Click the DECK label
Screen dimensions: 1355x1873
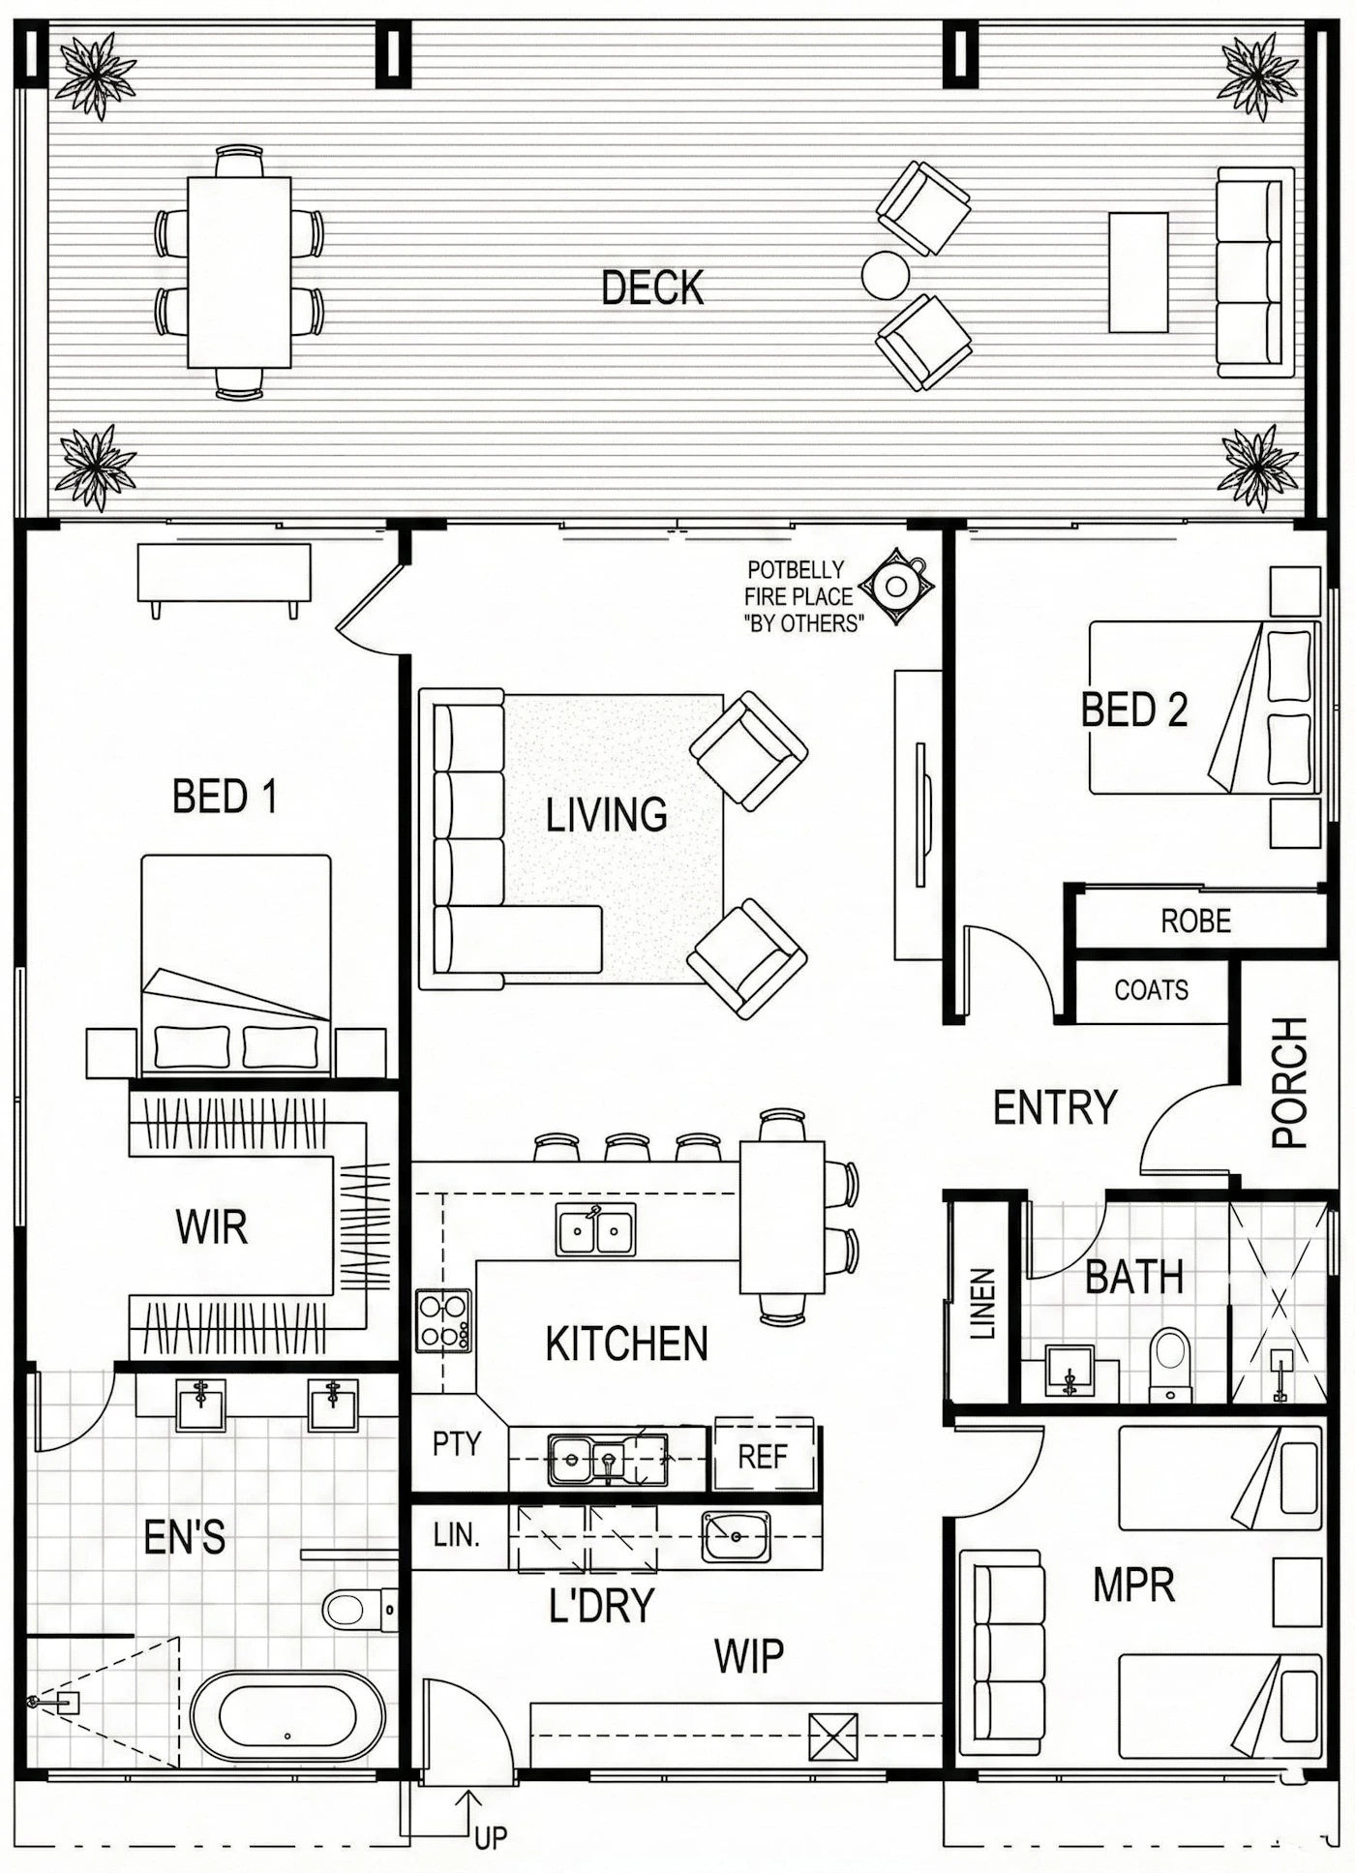tap(652, 288)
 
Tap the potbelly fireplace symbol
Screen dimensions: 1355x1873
tap(897, 585)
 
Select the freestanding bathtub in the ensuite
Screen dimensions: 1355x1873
tap(287, 1716)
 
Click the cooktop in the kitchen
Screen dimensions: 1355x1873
tap(444, 1320)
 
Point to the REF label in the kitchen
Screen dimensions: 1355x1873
tap(763, 1457)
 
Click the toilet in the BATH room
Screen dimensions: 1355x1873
tap(1171, 1365)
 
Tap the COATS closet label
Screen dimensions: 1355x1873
tap(1151, 990)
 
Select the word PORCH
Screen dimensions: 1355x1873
tap(1289, 1082)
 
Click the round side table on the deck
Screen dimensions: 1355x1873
tap(886, 276)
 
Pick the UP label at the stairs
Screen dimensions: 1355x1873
tap(491, 1837)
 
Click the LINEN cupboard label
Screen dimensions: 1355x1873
tap(982, 1303)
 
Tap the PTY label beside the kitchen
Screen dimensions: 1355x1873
tap(457, 1443)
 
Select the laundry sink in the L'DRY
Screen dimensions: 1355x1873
tap(737, 1536)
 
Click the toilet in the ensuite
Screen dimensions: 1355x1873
tap(358, 1610)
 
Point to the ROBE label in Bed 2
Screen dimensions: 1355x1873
tap(1195, 921)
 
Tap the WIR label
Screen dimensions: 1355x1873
tap(212, 1226)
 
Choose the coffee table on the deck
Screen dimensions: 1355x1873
tap(1138, 272)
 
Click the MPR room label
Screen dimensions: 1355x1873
tap(1133, 1585)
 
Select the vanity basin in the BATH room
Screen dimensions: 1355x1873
tap(1070, 1371)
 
